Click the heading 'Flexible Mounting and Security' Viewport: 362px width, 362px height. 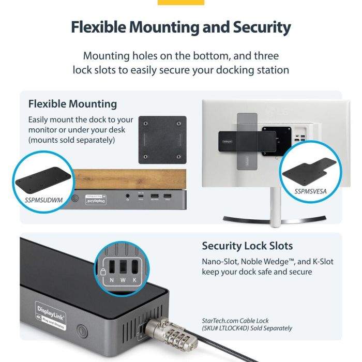click(x=180, y=27)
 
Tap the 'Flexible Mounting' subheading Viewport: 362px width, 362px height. click(x=72, y=104)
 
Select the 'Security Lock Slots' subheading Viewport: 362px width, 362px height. click(x=247, y=246)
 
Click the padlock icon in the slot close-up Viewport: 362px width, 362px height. click(x=103, y=272)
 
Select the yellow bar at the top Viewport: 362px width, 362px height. click(x=180, y=3)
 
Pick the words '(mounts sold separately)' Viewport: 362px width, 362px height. click(x=71, y=140)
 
